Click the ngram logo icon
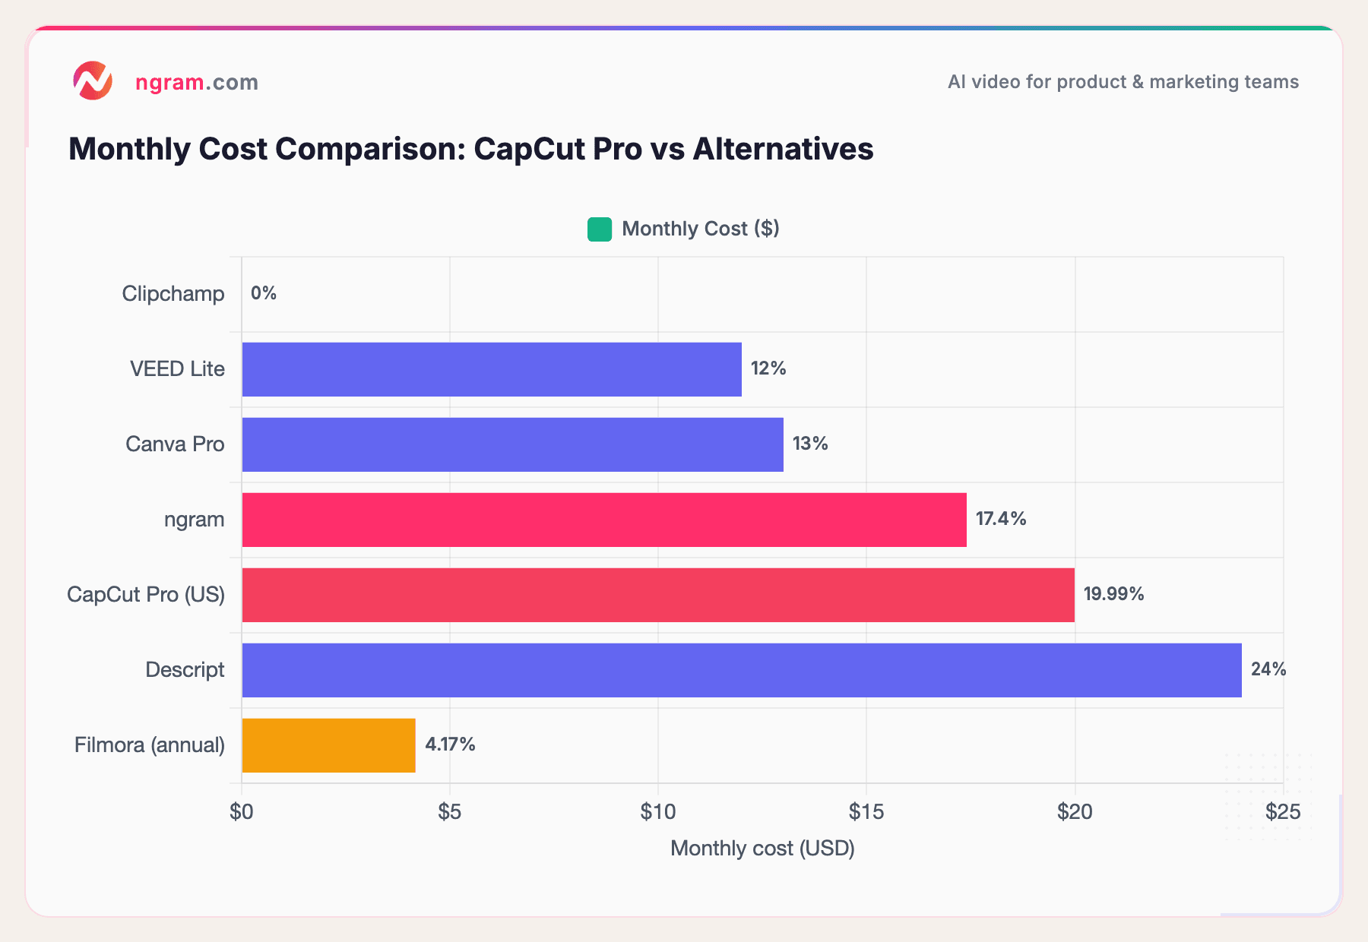[x=93, y=81]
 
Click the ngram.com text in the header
[x=196, y=82]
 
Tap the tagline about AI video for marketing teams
[x=1123, y=82]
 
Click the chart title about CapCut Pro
[x=470, y=149]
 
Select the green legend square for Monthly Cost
[x=599, y=229]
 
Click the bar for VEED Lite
[x=491, y=369]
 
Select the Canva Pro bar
[x=512, y=444]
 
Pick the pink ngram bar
[x=603, y=520]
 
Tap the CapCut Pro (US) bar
[x=657, y=595]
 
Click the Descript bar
[x=741, y=670]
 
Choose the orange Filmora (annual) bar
[x=328, y=745]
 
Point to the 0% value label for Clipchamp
[x=264, y=293]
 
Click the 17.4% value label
[x=1000, y=519]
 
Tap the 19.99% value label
[x=1113, y=594]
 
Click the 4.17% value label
[x=450, y=744]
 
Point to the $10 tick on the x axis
[x=657, y=812]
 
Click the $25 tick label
[x=1282, y=812]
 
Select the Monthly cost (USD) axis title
[x=762, y=848]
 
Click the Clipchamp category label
[x=173, y=294]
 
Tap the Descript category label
[x=185, y=670]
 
